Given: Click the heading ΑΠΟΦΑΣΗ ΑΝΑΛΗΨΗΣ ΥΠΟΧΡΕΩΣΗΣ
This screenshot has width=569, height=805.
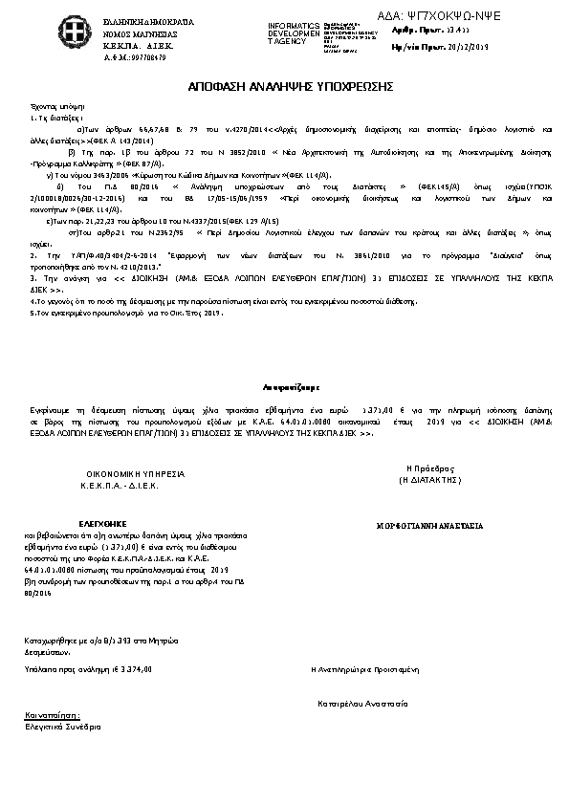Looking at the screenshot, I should tap(284, 87).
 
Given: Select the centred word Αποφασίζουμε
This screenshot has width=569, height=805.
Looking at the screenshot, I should tap(284, 388).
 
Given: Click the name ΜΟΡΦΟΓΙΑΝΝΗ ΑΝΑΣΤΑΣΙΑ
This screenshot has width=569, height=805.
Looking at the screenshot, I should tap(429, 526).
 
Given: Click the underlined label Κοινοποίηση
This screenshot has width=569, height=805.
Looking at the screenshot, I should tap(51, 714).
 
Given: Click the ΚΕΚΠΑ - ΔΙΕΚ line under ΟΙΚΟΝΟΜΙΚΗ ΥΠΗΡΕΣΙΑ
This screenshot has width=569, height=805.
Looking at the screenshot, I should tap(120, 486).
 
